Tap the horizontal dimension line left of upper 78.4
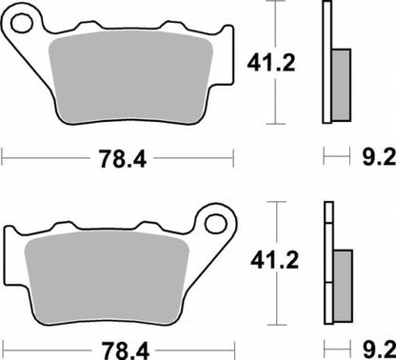(x=48, y=155)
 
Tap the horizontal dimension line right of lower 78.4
(x=200, y=350)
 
